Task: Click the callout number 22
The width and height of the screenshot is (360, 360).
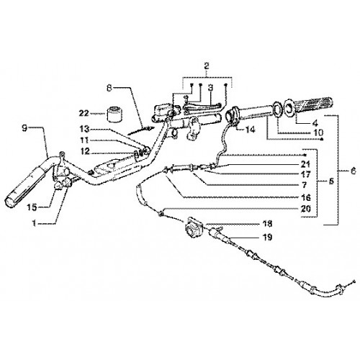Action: (84, 113)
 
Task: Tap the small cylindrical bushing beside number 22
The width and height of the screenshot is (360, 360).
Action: (114, 114)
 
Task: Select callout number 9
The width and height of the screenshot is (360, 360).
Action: (24, 128)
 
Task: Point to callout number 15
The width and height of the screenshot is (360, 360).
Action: (32, 207)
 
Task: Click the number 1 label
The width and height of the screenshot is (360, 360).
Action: (35, 223)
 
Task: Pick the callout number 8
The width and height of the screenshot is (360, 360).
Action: (109, 89)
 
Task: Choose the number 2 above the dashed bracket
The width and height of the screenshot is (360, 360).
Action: (207, 66)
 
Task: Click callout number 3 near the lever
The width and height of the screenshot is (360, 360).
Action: (210, 88)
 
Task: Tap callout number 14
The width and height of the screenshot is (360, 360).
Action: (250, 130)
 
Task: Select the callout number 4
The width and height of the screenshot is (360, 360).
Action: (315, 123)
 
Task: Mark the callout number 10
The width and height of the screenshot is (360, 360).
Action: (318, 132)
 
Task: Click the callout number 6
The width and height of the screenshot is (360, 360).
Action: (353, 171)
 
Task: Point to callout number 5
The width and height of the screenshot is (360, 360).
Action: (331, 181)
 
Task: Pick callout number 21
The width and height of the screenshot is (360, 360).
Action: (305, 164)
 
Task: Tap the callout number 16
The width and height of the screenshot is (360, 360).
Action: (306, 197)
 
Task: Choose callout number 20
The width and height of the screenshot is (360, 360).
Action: (306, 209)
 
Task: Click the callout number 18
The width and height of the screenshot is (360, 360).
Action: (267, 224)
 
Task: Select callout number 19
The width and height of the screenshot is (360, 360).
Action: (267, 237)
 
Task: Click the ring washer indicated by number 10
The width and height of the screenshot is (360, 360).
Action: (277, 109)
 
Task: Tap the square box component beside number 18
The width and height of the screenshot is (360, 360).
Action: (193, 226)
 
